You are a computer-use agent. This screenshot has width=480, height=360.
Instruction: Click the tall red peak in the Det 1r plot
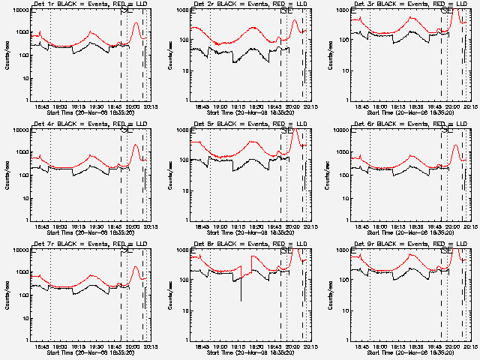coord(136,23)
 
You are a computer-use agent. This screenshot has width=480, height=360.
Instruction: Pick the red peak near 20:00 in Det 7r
coord(136,267)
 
